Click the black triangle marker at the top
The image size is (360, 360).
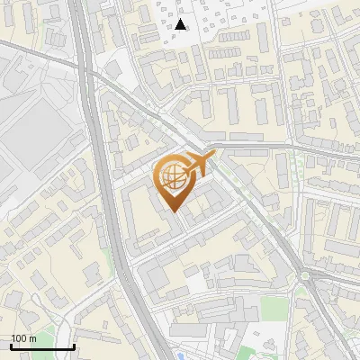pos(181,24)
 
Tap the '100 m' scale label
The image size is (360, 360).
pos(24,338)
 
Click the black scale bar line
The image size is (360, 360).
pos(42,346)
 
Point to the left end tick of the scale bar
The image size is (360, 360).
pos(11,345)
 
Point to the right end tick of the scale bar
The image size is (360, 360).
pos(74,345)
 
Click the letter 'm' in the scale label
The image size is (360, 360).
pos(33,338)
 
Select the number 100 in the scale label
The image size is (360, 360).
pos(20,338)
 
